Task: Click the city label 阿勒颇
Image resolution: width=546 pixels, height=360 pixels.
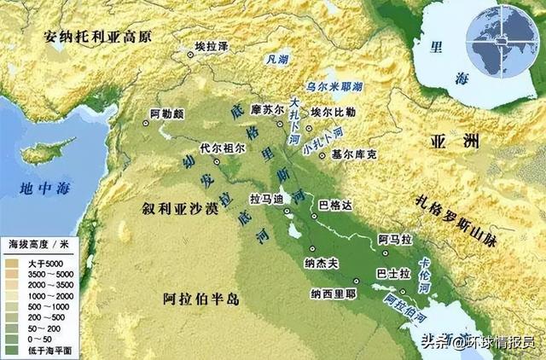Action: coord(167,113)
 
